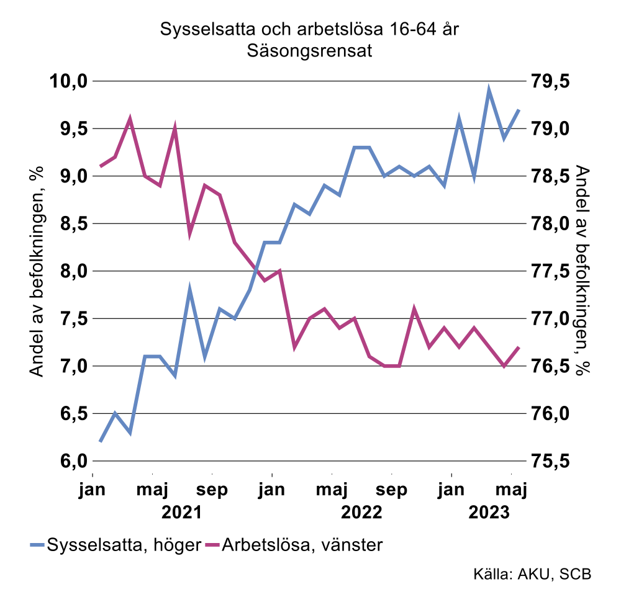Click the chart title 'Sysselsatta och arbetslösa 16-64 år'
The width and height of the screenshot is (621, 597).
pos(309,29)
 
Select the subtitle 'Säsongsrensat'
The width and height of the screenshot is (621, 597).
pos(309,51)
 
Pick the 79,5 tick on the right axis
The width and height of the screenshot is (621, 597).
pos(551,81)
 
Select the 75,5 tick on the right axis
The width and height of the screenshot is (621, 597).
pos(551,461)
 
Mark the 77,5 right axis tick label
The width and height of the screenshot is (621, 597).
pos(551,271)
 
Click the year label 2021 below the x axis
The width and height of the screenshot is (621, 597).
pos(181,513)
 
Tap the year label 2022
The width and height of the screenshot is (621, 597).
pos(361,513)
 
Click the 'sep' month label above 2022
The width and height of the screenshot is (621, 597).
pos(392,489)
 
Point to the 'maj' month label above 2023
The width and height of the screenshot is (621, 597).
pos(512,490)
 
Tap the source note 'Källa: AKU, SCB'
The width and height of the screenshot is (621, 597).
pos(532,573)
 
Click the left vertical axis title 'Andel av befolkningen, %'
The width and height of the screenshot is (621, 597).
pos(37,271)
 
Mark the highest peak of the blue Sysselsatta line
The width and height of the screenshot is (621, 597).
pos(489,91)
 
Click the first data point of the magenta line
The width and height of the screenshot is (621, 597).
pos(101,166)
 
